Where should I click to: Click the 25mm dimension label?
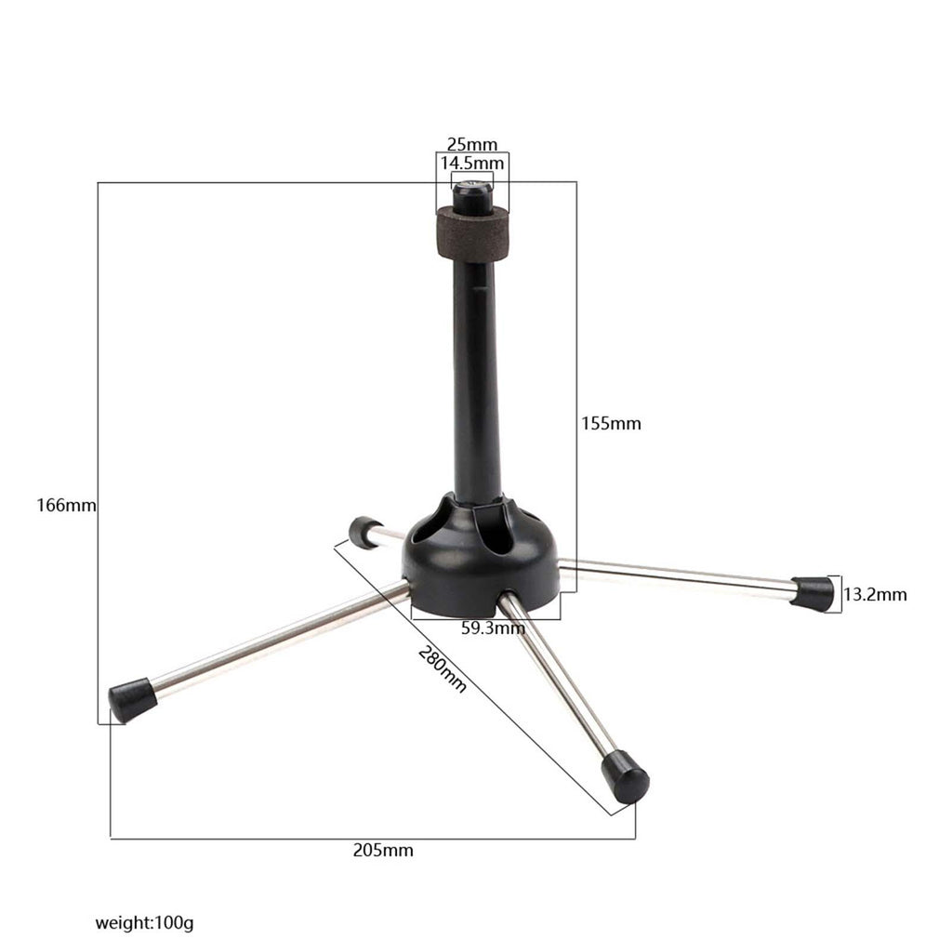471,144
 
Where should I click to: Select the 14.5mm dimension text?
471,164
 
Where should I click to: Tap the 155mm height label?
611,423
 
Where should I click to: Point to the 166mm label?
66,505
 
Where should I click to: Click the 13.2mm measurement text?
875,594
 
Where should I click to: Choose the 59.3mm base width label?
493,628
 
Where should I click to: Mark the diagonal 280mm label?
442,669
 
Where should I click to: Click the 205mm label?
383,850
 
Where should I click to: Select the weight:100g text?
144,923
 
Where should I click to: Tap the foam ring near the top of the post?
472,233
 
